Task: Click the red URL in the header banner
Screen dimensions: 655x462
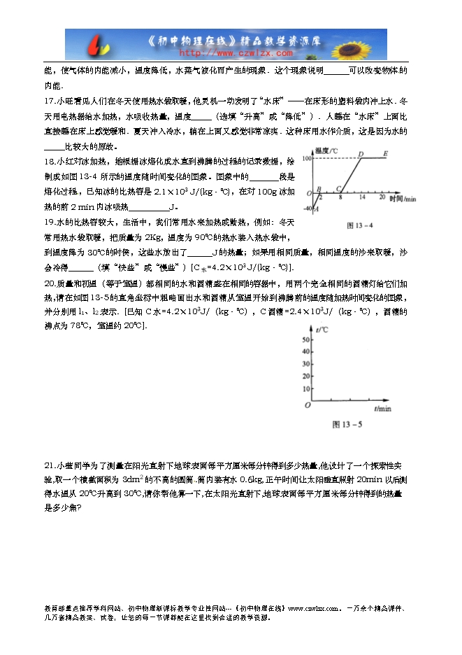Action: [x=236, y=52]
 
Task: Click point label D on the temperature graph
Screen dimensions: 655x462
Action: [x=360, y=154]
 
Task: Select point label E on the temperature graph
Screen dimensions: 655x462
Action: [x=386, y=154]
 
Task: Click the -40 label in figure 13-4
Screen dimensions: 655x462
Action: [x=307, y=209]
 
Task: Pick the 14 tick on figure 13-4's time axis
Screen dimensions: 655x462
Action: [x=362, y=199]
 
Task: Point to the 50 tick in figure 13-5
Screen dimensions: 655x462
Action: [x=305, y=339]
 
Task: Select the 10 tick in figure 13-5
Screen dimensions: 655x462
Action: [x=305, y=388]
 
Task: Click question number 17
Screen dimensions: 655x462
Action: [x=48, y=102]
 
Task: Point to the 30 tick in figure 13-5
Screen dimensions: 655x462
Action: [x=305, y=364]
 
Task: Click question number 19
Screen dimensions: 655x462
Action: [x=49, y=223]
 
